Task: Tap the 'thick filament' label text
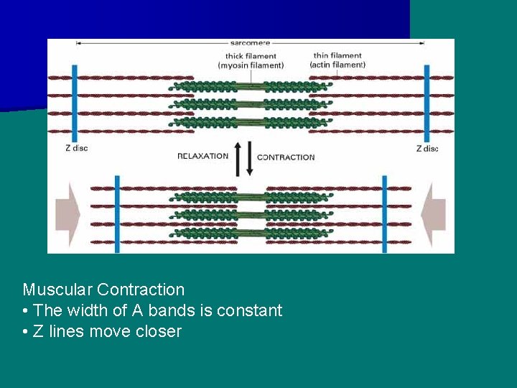pos(251,56)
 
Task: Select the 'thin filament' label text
pos(337,55)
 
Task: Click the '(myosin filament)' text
pos(251,65)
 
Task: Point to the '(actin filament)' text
pos(337,65)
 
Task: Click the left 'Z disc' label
pos(75,149)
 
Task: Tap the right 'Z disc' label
pos(427,149)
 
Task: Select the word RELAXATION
pos(203,156)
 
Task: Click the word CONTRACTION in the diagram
pos(286,157)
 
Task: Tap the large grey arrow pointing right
pos(67,214)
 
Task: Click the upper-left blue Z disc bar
pos(75,103)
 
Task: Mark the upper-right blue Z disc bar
pos(427,103)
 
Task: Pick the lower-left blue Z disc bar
pos(117,213)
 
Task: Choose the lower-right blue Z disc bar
pos(384,213)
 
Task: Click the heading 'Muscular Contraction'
pos(103,290)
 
